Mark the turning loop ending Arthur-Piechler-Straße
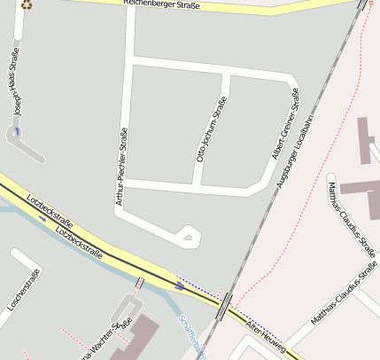click(187, 235)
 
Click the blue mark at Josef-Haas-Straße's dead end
click(16, 131)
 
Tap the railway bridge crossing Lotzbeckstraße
click(226, 302)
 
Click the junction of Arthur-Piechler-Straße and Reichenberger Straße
click(131, 8)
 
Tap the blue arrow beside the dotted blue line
click(180, 286)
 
